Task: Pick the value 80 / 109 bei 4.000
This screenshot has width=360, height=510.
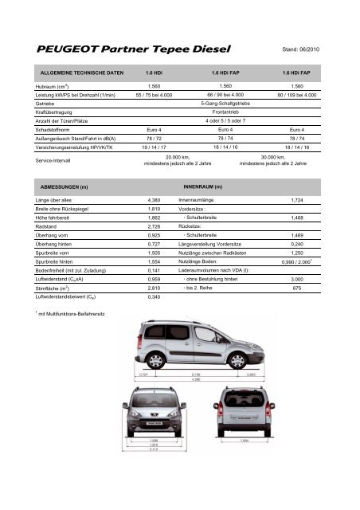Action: pyautogui.click(x=306, y=95)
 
